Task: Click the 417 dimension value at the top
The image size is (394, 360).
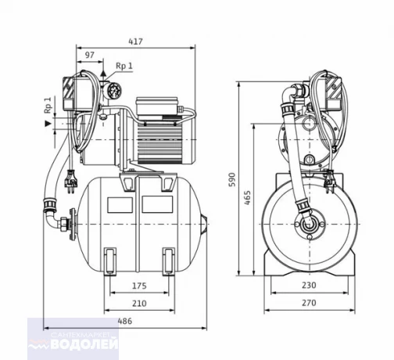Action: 136,41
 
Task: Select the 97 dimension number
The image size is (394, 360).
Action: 90,55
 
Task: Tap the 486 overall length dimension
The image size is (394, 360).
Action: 125,321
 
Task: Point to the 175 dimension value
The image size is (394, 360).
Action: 139,286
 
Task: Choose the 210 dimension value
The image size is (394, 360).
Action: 139,304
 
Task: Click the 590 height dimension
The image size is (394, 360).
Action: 231,179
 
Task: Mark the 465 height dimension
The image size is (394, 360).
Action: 247,198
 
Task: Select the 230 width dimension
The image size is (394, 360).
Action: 309,285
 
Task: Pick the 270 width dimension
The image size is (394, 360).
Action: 309,303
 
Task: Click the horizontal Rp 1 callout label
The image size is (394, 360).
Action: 124,66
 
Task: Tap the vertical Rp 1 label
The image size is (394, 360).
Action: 48,105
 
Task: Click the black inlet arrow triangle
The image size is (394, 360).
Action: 48,124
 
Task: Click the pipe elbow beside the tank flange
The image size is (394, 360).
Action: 53,221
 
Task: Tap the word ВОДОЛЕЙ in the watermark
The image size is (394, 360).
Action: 84,344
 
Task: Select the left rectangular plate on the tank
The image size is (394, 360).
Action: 120,204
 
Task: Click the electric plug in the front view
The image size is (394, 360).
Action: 329,182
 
